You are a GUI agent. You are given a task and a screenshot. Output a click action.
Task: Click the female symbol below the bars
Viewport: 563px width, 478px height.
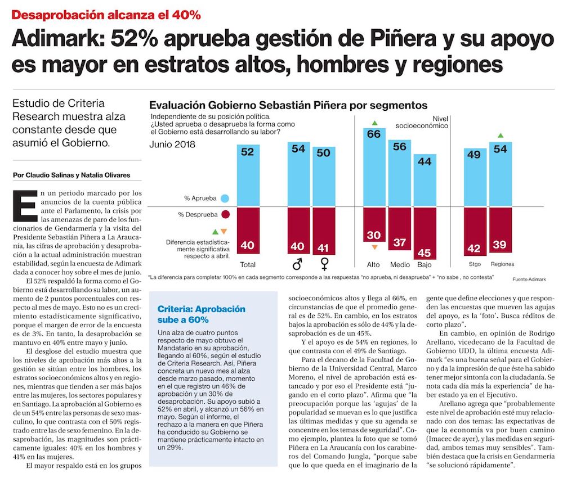click(x=324, y=264)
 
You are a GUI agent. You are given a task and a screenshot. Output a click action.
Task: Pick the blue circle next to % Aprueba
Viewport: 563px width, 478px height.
click(x=225, y=198)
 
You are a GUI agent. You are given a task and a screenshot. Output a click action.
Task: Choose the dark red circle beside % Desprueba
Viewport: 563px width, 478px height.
click(x=225, y=214)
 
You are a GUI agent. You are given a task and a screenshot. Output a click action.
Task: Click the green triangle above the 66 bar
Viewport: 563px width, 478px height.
click(x=373, y=123)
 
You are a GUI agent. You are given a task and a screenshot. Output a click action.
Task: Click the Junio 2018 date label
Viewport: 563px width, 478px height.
click(x=173, y=144)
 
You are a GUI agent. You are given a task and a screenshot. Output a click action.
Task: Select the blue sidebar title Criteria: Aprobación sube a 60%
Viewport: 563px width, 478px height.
click(x=202, y=314)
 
